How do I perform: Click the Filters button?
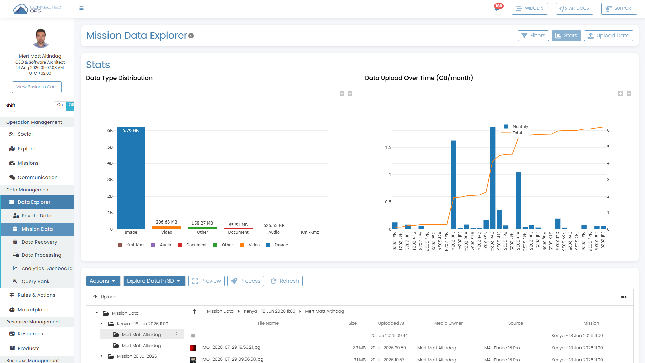pos(533,36)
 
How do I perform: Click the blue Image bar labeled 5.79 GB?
pos(131,178)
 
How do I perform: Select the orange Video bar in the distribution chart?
pos(167,227)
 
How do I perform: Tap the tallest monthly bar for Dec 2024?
pos(492,178)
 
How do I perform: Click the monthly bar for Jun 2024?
pos(454,185)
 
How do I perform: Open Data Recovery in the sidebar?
pos(39,242)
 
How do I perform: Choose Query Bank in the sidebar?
pos(35,281)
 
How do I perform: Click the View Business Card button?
pos(37,87)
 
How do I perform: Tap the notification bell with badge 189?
pos(497,8)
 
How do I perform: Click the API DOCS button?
pos(574,8)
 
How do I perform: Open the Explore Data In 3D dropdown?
pos(154,281)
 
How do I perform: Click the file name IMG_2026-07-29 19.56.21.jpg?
pos(231,347)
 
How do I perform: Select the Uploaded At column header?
pos(391,323)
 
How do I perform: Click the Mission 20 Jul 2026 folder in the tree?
pos(137,356)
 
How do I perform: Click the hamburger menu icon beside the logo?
pos(81,8)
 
